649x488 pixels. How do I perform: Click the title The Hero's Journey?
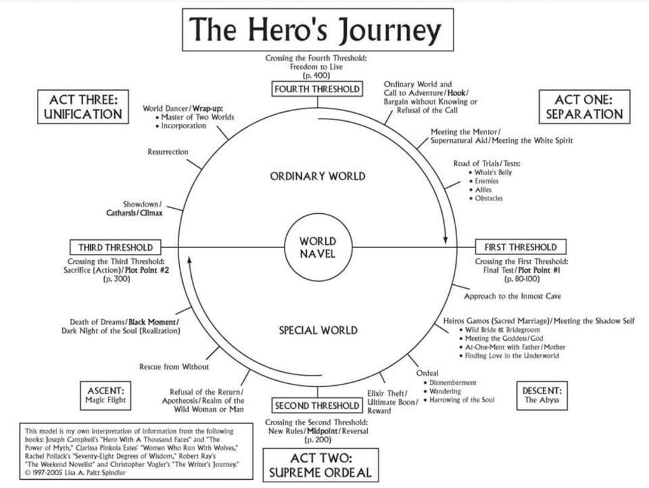click(318, 29)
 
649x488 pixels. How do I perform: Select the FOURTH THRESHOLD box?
click(318, 89)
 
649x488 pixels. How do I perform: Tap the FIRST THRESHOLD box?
click(520, 247)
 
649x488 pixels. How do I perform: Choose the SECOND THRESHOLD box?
click(317, 406)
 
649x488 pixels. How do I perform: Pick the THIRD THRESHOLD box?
click(116, 247)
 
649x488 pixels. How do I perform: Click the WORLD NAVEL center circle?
click(318, 247)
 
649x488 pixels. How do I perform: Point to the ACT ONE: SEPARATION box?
click(584, 107)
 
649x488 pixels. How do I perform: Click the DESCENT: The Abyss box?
click(541, 395)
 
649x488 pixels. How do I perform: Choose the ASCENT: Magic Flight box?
click(105, 394)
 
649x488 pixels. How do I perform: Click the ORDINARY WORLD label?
click(318, 176)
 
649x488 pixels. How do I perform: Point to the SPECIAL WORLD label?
click(318, 330)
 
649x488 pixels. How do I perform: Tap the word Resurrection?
click(168, 152)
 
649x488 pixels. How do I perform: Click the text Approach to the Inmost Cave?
click(512, 296)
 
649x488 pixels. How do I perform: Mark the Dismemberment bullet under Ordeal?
click(453, 383)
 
